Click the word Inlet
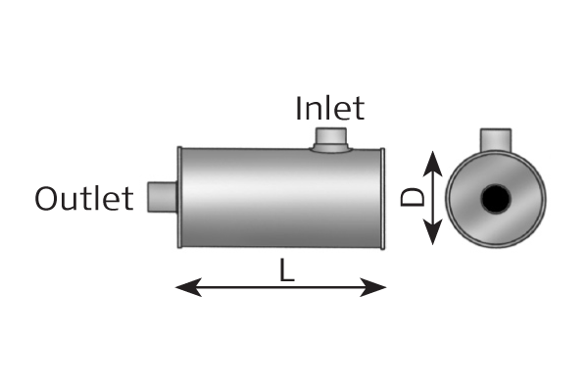pos(329,108)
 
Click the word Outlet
pos(84,198)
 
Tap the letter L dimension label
pos(287,270)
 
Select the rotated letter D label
pos(413,197)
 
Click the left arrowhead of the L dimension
pos(188,287)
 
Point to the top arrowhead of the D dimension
pos(433,164)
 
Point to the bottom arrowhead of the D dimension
pos(433,232)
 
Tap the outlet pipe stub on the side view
pos(162,197)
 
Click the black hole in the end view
pos(495,198)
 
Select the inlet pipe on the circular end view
pos(496,140)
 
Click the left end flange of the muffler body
pos(179,197)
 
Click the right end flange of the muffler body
pos(382,198)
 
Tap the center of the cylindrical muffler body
pos(281,198)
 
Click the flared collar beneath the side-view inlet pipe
pos(331,149)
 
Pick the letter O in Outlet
pos(46,198)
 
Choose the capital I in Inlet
pos(299,108)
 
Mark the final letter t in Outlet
pos(128,200)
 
